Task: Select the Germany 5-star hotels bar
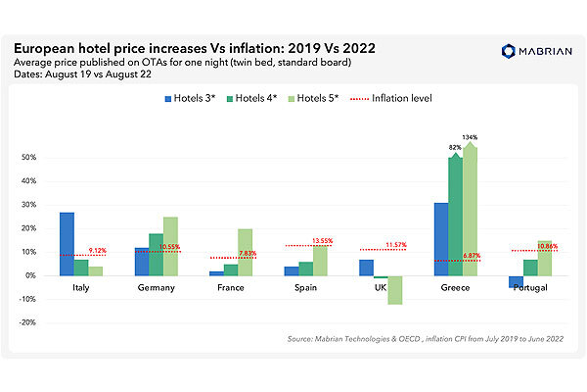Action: pyautogui.click(x=171, y=246)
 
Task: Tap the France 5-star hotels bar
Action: pyautogui.click(x=246, y=252)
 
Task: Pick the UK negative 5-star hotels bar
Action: pyautogui.click(x=395, y=290)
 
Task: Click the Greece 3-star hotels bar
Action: pyautogui.click(x=440, y=239)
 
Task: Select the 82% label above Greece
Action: pyautogui.click(x=455, y=147)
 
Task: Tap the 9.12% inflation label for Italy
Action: pyautogui.click(x=99, y=250)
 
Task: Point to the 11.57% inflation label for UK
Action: pyautogui.click(x=396, y=244)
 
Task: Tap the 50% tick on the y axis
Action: pyautogui.click(x=29, y=157)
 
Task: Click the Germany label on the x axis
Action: pyautogui.click(x=157, y=289)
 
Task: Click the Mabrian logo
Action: pyautogui.click(x=532, y=51)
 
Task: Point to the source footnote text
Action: pyautogui.click(x=424, y=338)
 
